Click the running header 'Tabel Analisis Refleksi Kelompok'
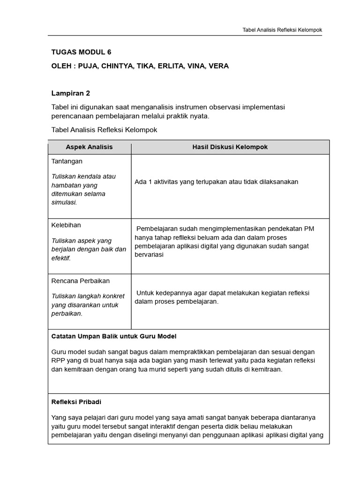click(x=282, y=30)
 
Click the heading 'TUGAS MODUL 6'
click(x=81, y=52)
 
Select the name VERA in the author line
click(x=218, y=66)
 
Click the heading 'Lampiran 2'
click(x=70, y=93)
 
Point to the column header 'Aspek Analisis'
click(x=89, y=147)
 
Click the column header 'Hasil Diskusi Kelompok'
click(x=230, y=147)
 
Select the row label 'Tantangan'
click(x=67, y=161)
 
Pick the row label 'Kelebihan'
click(x=66, y=225)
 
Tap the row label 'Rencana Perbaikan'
click(x=80, y=281)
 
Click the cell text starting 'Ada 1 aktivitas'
click(x=216, y=182)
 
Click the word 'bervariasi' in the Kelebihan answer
click(x=149, y=255)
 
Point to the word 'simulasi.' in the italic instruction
click(x=64, y=202)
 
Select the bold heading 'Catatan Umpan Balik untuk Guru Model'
click(x=114, y=337)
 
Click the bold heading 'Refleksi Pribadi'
click(x=76, y=402)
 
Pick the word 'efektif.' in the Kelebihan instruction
click(x=60, y=258)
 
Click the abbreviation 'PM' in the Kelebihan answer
click(x=309, y=229)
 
